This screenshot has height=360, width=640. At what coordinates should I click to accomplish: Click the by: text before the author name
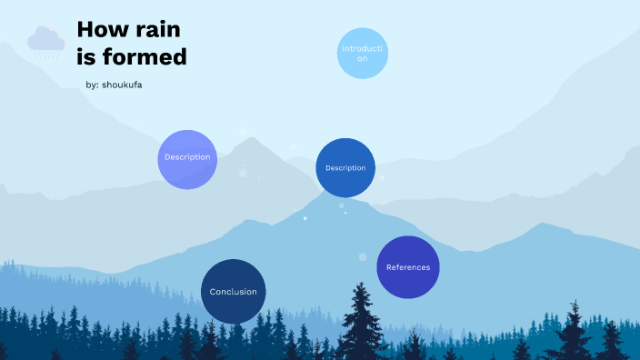pos(92,85)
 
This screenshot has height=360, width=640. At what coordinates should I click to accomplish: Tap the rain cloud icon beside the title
pos(45,39)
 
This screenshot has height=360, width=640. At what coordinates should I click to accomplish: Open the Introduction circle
pos(363,53)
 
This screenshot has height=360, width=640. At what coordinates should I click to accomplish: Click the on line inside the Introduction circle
pos(363,58)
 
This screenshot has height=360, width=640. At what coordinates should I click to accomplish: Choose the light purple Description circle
pos(187,158)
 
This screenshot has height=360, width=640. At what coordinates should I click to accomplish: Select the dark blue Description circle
pos(345,168)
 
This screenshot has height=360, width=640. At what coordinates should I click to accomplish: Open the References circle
pos(408,267)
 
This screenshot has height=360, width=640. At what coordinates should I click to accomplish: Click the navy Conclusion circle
pos(233,292)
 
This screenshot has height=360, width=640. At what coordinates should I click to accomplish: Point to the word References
pos(408,267)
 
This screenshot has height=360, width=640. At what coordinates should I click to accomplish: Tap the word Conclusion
pos(233,292)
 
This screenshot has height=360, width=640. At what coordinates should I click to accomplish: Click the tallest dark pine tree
pos(362,318)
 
